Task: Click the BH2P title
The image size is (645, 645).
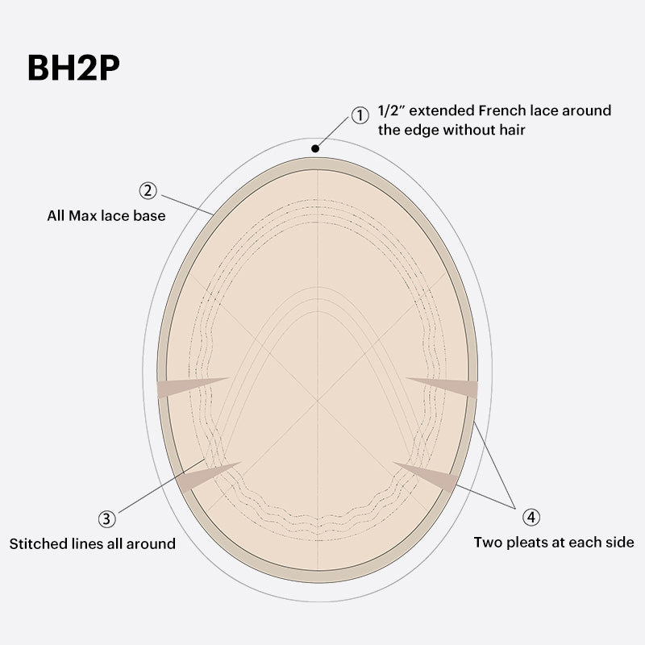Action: click(x=73, y=68)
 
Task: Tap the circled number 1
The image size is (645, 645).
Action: click(x=360, y=115)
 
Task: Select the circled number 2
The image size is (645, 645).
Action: click(x=148, y=190)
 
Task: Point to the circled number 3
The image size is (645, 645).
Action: click(x=107, y=518)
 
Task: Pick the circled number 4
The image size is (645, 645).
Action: click(x=531, y=517)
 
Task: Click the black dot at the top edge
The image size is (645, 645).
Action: click(x=315, y=148)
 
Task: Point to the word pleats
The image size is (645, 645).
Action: click(x=528, y=543)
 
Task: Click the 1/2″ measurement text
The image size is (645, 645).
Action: click(x=391, y=110)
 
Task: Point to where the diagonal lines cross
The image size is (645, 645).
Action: click(x=318, y=400)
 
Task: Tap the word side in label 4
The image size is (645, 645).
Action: click(x=620, y=543)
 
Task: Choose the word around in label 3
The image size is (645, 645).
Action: click(x=151, y=543)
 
